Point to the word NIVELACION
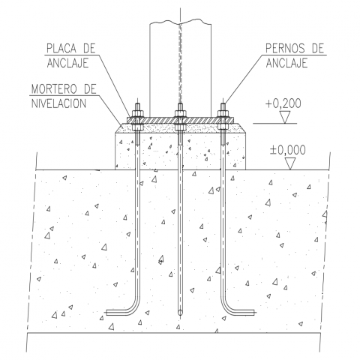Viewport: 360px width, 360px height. pyautogui.click(x=58, y=103)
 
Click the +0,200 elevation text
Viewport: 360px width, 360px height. pyautogui.click(x=283, y=103)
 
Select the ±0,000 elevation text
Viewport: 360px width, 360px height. pyautogui.click(x=287, y=150)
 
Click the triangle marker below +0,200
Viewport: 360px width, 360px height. pyautogui.click(x=285, y=117)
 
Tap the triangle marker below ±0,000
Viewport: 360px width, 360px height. pyautogui.click(x=290, y=163)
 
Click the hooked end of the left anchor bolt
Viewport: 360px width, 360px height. pyautogui.click(x=118, y=313)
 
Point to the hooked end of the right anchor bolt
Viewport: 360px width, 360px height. pyautogui.click(x=242, y=313)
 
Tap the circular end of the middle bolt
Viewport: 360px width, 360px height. pyautogui.click(x=180, y=312)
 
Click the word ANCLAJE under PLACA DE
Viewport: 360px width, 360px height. pyautogui.click(x=67, y=63)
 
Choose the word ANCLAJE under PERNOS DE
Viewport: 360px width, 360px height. pyautogui.click(x=286, y=63)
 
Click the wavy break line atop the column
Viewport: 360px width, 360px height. pyautogui.click(x=180, y=22)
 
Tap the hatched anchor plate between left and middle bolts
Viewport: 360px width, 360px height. pyautogui.click(x=159, y=120)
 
